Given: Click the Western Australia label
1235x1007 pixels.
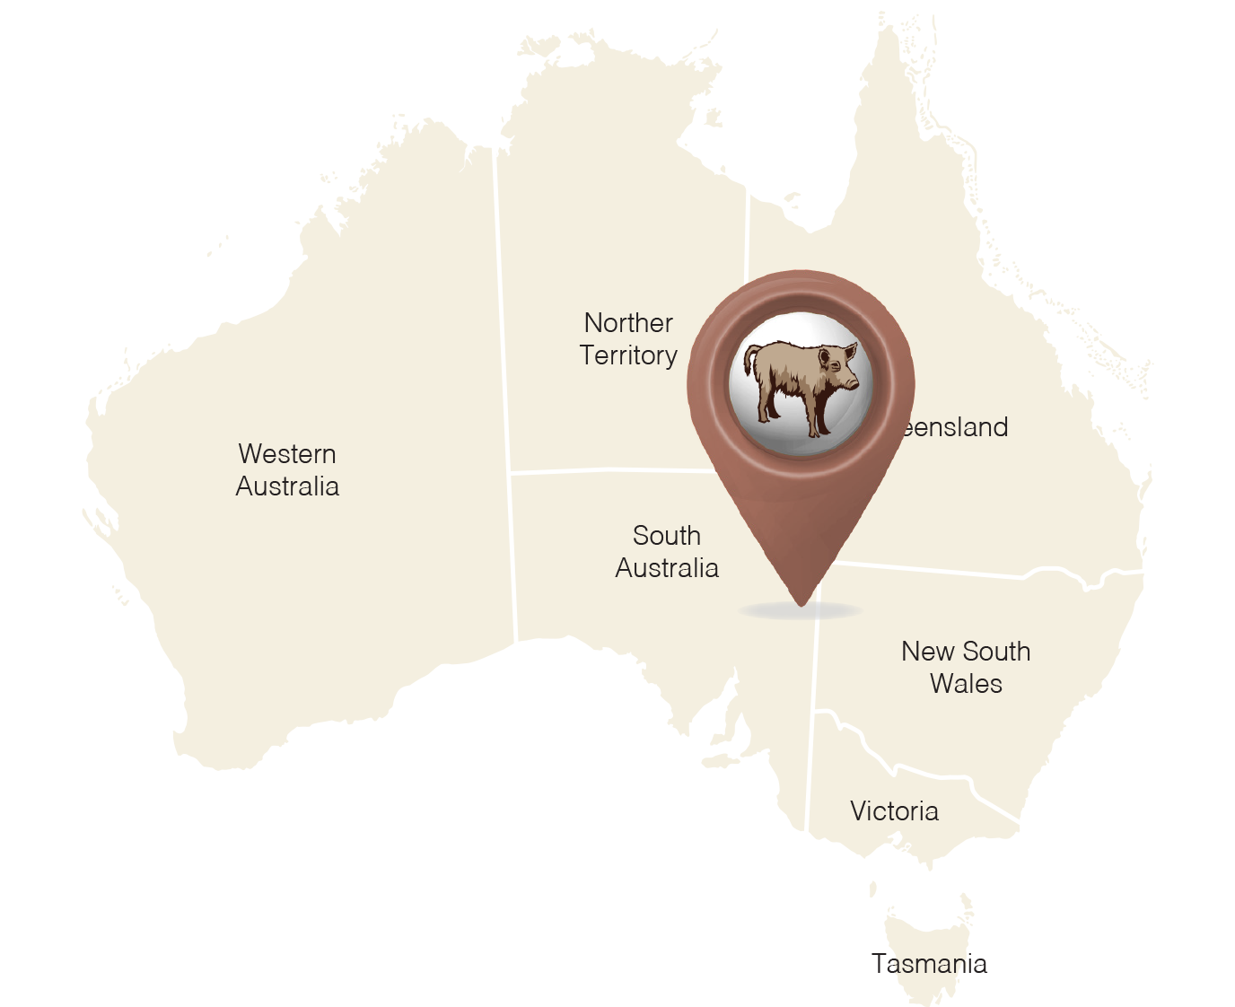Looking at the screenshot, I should coord(287,470).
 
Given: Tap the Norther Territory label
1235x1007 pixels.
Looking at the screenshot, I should coord(628,339).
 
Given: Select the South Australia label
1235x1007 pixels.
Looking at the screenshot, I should coord(667,552).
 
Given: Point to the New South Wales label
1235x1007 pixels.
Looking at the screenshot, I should coord(966,668).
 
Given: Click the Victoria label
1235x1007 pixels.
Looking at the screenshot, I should coord(894,811).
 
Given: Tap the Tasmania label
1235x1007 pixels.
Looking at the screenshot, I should coord(930,964).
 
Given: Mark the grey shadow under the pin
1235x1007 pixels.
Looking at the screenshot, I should coord(800,612).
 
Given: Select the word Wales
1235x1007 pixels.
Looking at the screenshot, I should coord(966,684).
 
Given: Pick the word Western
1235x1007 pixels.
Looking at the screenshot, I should coord(287,454).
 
